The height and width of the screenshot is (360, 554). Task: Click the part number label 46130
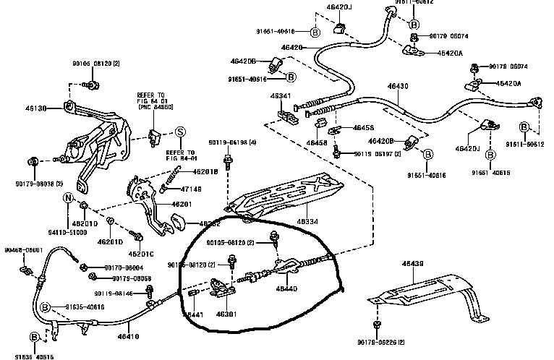coord(36,108)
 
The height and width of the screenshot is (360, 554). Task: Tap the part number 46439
coord(413,265)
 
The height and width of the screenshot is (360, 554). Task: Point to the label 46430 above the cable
coord(398,86)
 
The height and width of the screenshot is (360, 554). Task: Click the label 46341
coord(281,95)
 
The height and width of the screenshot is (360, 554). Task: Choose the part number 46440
coord(286,289)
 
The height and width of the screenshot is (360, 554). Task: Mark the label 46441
coord(193,315)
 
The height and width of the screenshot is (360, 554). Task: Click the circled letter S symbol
coord(180,131)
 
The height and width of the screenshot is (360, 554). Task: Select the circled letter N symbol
coord(68,198)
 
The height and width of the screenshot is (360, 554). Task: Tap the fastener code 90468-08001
coord(23,249)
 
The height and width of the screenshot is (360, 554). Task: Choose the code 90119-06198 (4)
coord(232,142)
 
